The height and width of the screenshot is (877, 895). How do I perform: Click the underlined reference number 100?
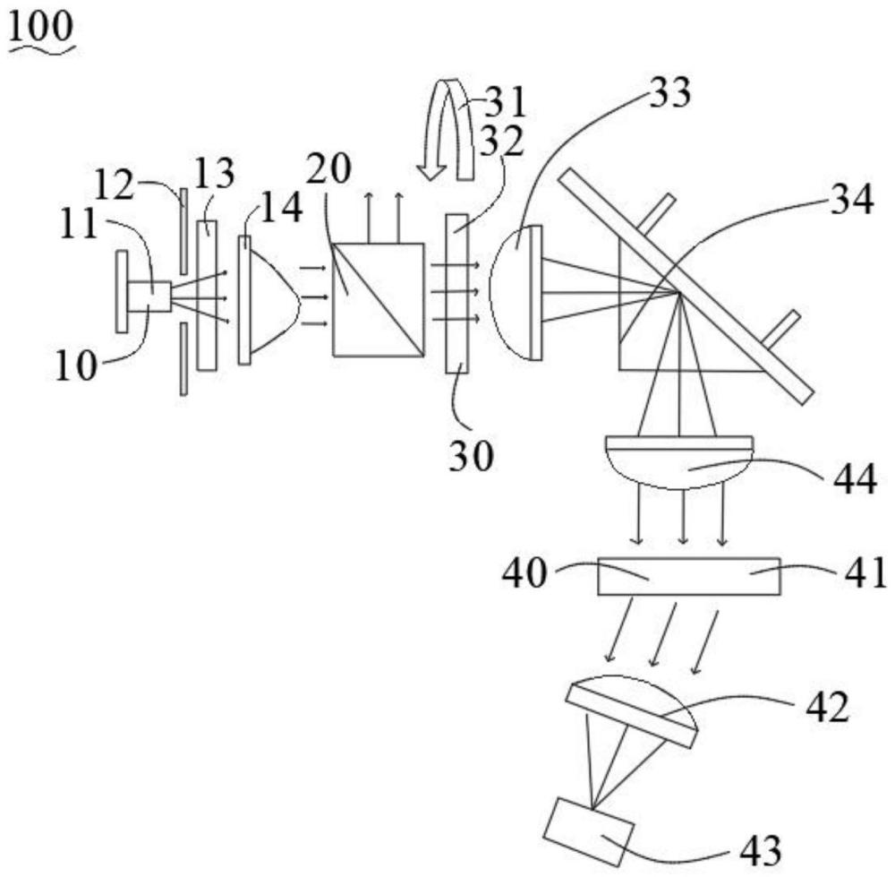tap(41, 28)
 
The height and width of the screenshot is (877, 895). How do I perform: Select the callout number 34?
tap(852, 200)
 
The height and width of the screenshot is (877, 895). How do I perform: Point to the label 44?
tap(855, 478)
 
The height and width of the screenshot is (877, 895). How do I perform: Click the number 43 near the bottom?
tap(760, 851)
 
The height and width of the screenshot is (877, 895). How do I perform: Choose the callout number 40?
tap(524, 573)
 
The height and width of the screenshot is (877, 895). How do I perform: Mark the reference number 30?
tap(471, 456)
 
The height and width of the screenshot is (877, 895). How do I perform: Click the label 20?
tap(328, 168)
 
